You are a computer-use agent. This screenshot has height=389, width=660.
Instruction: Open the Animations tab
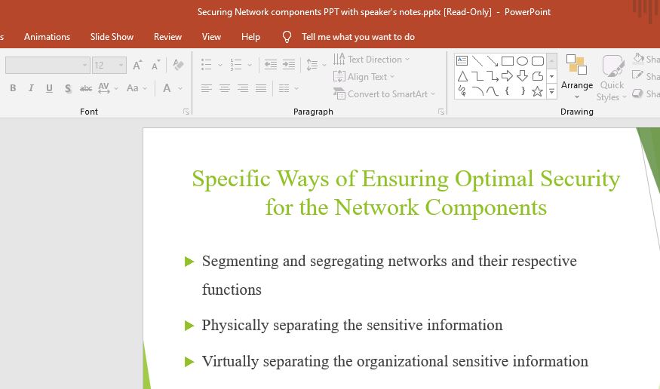pos(47,37)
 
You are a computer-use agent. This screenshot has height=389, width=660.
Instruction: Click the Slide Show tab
pos(112,37)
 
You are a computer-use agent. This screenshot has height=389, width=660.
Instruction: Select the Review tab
pos(167,37)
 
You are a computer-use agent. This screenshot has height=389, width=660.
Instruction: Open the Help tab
pos(250,37)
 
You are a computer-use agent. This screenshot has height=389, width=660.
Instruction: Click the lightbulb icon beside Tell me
pos(287,37)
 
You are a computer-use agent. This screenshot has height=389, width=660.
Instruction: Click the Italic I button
pos(31,88)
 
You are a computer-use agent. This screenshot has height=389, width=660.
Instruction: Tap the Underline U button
pos(49,88)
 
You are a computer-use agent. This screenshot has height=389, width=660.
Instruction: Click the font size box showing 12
pos(109,65)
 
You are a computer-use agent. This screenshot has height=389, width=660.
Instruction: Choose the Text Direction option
pos(371,60)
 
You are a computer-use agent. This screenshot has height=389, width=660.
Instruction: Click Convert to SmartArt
pos(384,93)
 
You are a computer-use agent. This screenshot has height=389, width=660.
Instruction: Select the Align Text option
pos(364,77)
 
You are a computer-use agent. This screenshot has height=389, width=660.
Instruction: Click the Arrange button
pos(577,78)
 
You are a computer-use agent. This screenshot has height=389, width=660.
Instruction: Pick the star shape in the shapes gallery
pos(537,91)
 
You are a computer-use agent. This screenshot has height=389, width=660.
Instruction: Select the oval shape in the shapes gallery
pos(522,61)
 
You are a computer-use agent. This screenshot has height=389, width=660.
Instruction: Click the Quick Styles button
pos(612,78)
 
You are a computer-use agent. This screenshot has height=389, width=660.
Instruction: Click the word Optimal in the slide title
pos(494,179)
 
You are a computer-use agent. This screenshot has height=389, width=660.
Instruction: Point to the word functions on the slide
pos(232,289)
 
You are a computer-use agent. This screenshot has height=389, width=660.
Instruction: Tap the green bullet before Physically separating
pos(189,326)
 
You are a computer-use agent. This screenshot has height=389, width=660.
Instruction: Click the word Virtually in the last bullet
pos(230,362)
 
